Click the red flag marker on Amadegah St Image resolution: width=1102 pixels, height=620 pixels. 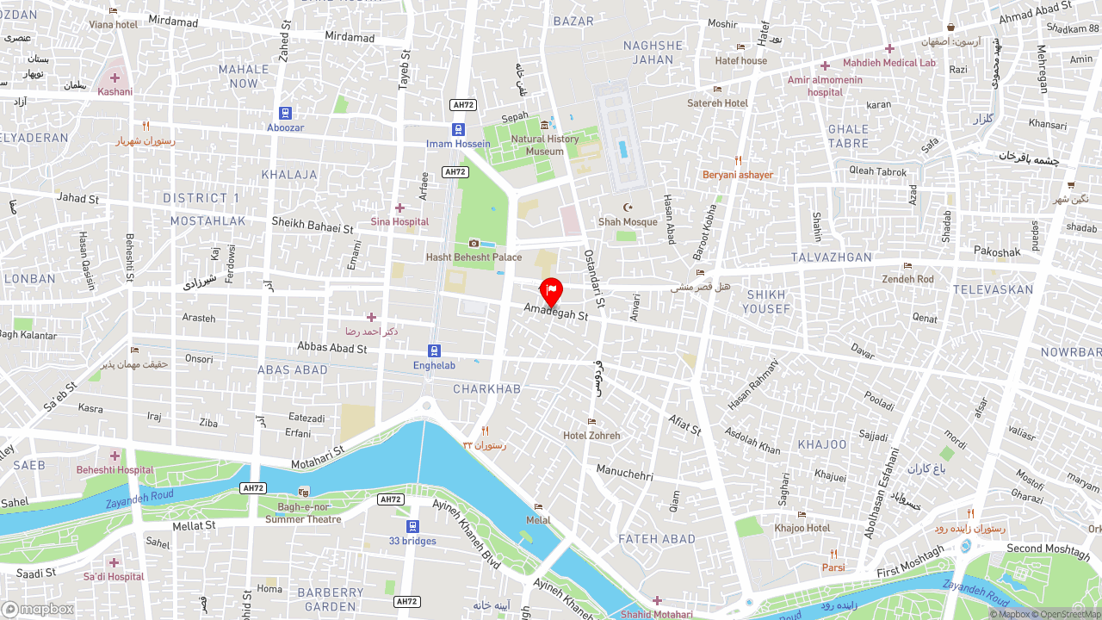551,292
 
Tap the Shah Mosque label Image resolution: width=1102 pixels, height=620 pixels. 628,222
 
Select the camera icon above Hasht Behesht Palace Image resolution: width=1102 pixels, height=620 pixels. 474,244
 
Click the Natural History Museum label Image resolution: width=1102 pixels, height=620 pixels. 545,145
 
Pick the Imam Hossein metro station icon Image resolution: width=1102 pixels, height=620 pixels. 459,130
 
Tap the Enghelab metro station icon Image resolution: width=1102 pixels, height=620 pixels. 434,350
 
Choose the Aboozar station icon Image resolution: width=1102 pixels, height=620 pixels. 285,113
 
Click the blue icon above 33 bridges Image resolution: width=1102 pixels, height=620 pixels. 412,526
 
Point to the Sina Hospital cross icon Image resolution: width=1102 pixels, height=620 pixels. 399,208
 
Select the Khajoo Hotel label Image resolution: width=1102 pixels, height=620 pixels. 802,528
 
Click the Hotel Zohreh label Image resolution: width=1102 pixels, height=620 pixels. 591,436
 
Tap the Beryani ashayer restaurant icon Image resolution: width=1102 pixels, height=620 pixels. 738,161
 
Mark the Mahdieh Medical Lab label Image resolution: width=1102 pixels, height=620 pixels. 888,63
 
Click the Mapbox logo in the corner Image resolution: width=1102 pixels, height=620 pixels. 38,609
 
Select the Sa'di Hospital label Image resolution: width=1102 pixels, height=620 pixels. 114,577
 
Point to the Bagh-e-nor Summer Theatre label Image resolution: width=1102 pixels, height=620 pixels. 303,513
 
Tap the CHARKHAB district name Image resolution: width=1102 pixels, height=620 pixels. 486,389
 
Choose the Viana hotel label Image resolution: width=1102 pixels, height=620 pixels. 113,25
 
